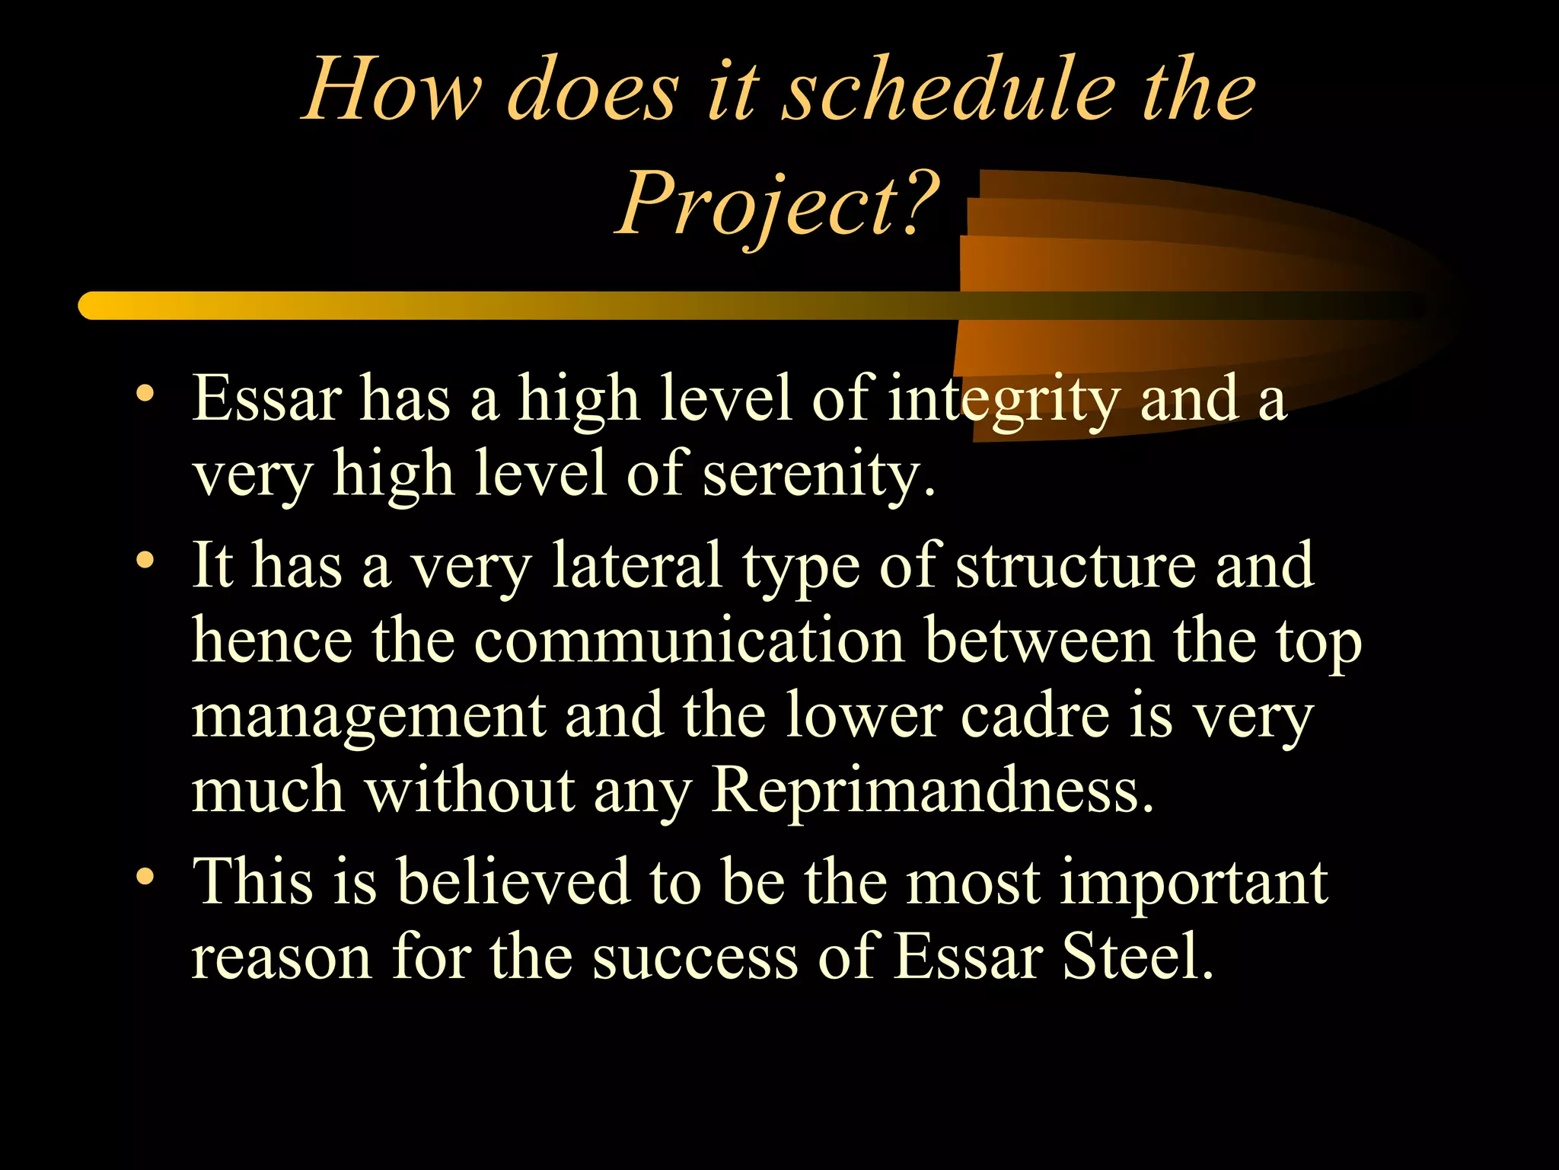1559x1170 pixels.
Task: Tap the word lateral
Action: (637, 566)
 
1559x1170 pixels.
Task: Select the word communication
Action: (689, 641)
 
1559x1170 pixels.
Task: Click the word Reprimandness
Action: (932, 791)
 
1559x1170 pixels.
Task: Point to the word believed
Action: (514, 882)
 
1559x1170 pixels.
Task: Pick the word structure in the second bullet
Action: (1076, 566)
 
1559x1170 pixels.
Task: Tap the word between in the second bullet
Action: (1039, 641)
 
